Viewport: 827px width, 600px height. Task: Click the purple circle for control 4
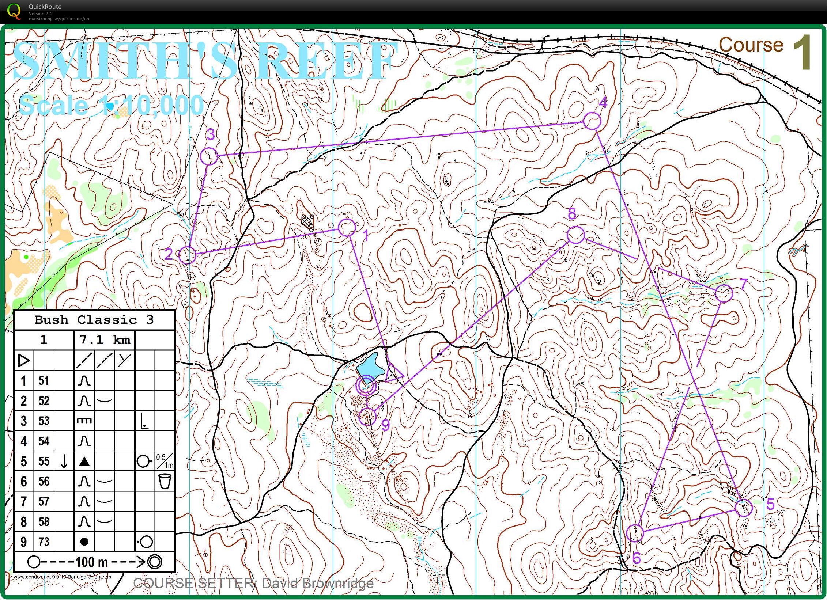coord(592,121)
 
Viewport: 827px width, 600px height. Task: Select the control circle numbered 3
coord(209,156)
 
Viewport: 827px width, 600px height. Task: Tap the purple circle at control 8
coord(575,235)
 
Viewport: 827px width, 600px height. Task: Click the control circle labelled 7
coord(724,293)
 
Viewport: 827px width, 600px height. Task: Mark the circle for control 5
coord(744,508)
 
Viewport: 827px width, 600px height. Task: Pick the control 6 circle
coord(635,533)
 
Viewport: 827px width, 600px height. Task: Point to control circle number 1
coord(347,227)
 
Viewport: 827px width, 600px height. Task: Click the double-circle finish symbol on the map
coord(366,385)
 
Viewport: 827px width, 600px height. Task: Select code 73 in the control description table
coord(44,542)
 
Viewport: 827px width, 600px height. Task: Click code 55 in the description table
coord(44,461)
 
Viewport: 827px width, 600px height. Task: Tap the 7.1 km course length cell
coord(105,340)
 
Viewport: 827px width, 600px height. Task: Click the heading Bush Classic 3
coord(94,320)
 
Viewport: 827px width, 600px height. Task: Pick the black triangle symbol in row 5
coord(84,462)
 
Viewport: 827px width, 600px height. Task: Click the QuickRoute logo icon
coord(14,11)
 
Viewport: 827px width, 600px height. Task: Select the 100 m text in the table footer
coord(92,562)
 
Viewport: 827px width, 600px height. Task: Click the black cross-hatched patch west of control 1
coord(307,221)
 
